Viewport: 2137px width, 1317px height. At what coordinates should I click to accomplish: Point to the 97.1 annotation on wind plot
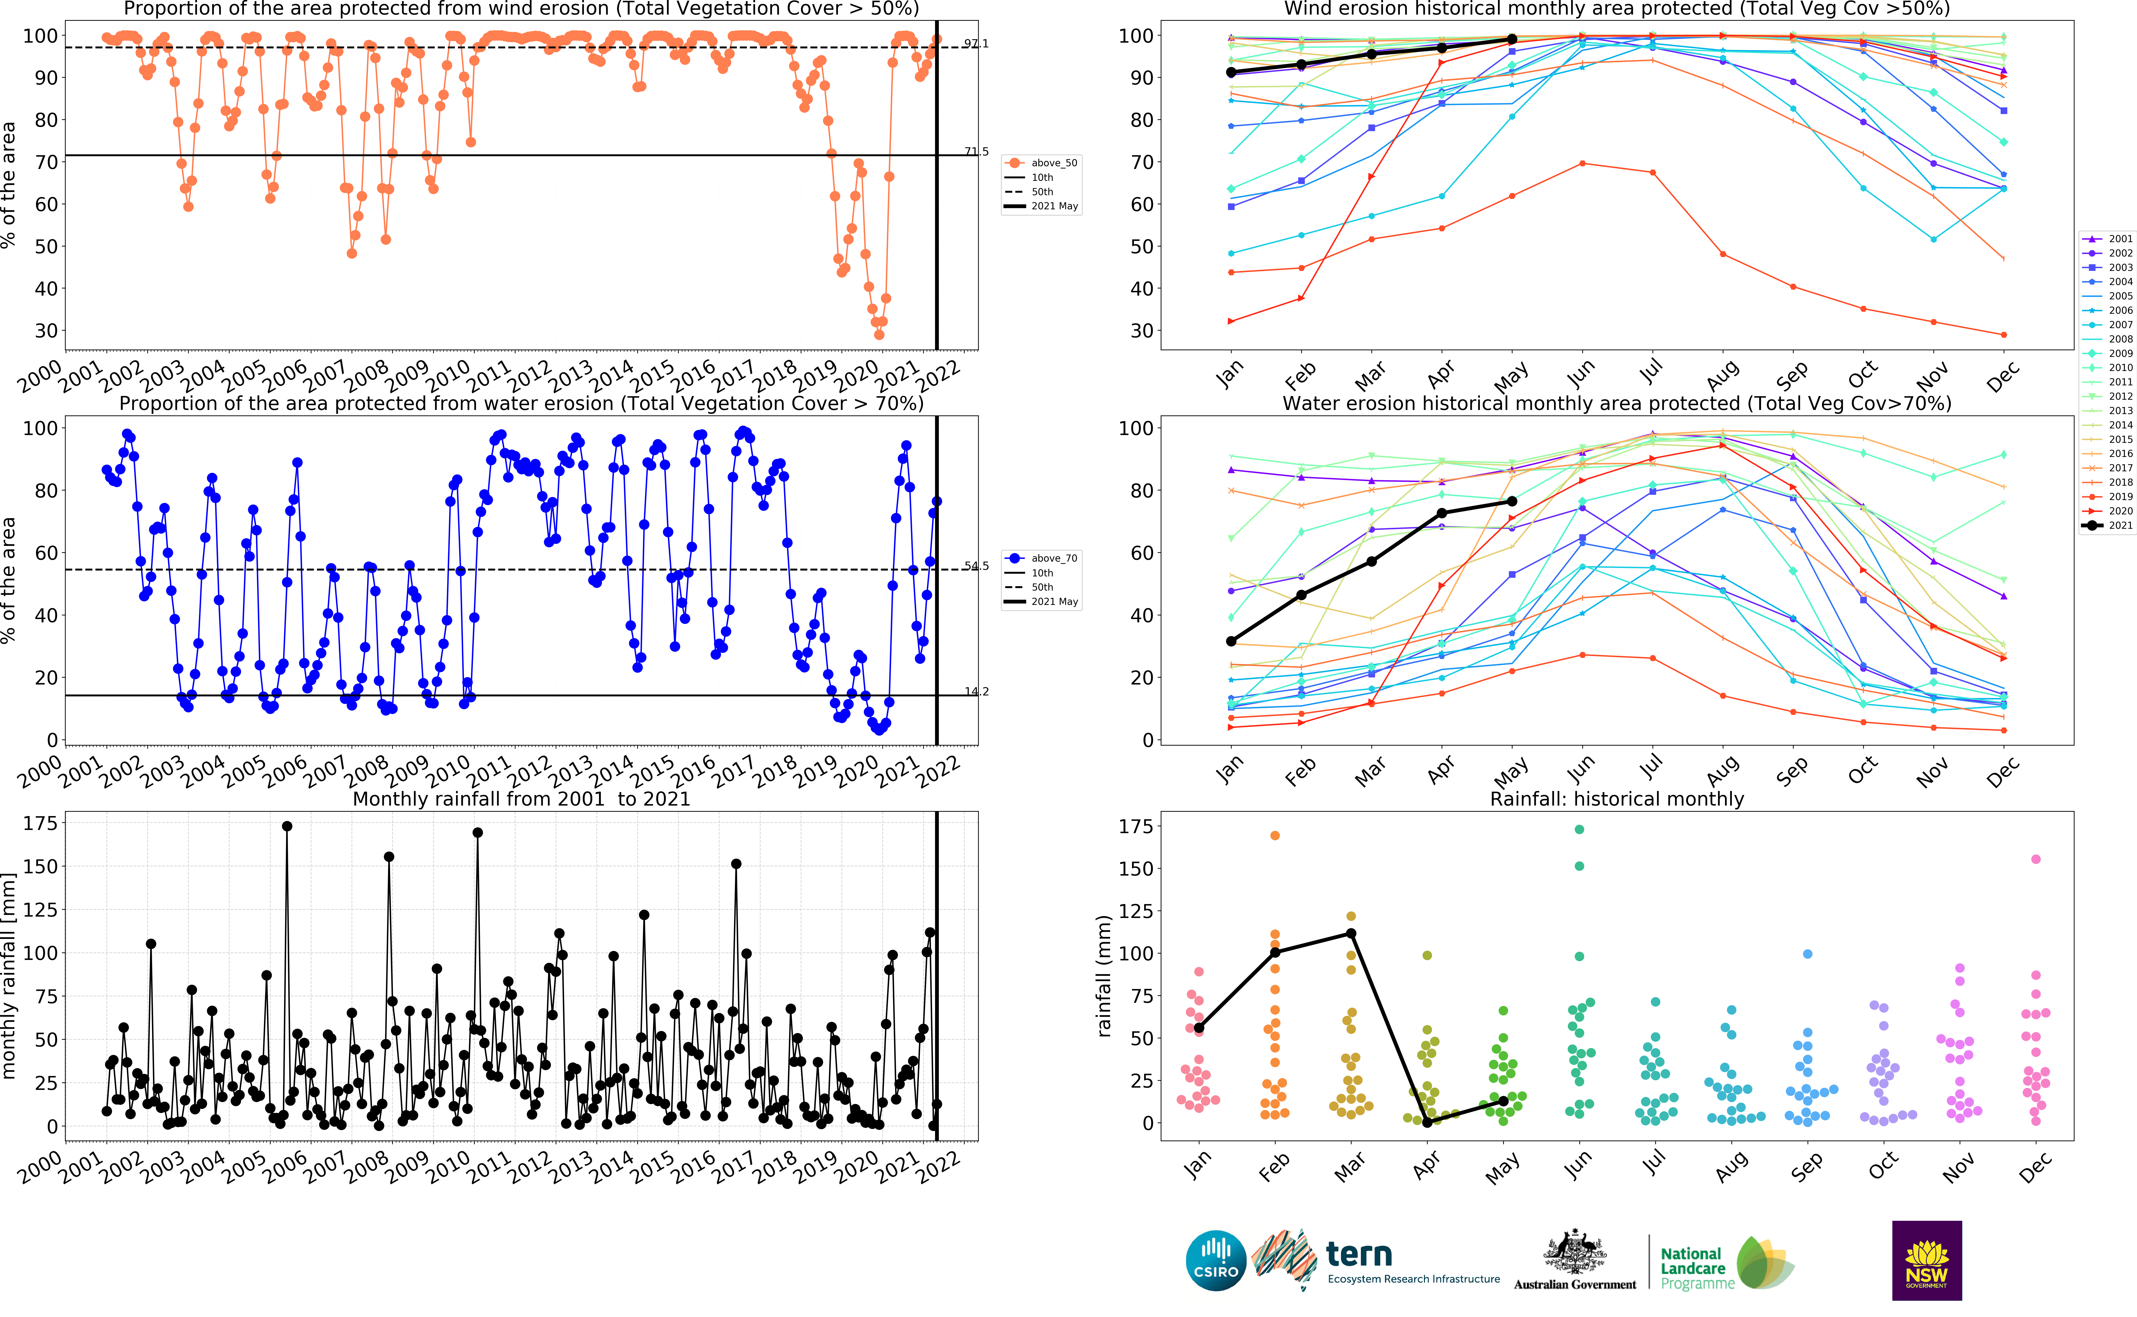tap(976, 44)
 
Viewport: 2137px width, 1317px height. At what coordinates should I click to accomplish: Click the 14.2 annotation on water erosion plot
tap(976, 692)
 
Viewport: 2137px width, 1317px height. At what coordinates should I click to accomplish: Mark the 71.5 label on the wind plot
tap(976, 152)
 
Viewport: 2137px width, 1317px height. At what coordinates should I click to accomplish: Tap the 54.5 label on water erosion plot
tap(976, 566)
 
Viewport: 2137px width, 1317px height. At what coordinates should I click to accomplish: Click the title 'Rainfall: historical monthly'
tap(1617, 799)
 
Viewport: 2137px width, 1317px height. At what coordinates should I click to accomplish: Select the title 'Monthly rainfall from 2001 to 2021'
tap(521, 799)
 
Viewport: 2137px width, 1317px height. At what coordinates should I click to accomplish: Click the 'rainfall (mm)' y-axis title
tap(1104, 976)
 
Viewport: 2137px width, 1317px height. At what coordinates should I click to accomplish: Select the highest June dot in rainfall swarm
tap(1579, 829)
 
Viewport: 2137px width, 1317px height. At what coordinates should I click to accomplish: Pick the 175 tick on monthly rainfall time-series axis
tap(40, 823)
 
